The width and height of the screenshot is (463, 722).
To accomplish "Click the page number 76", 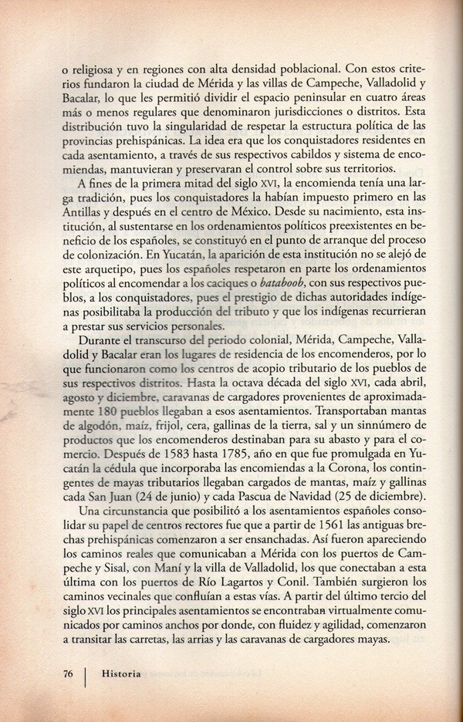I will click(x=67, y=673).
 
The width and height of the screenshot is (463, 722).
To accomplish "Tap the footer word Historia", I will click(x=121, y=673).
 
